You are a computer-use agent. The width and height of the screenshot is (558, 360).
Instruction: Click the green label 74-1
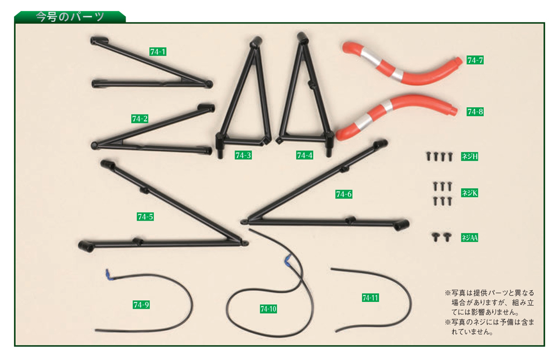click(x=158, y=52)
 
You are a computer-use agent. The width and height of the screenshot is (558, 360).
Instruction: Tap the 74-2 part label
click(x=139, y=119)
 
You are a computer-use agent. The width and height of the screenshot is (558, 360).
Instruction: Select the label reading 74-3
click(x=243, y=155)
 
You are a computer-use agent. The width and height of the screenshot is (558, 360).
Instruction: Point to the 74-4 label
click(x=305, y=155)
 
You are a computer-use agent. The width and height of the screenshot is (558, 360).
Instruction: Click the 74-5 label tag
click(x=145, y=217)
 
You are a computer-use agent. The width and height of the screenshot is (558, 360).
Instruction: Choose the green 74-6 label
click(x=344, y=194)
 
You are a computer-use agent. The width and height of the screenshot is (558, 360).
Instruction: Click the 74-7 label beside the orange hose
click(x=475, y=60)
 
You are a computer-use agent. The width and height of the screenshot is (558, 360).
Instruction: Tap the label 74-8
click(x=475, y=112)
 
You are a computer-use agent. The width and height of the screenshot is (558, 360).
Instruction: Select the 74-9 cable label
click(x=141, y=305)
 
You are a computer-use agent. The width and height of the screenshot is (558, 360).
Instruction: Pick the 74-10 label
click(x=268, y=309)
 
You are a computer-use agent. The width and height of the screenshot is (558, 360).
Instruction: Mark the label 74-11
click(x=370, y=297)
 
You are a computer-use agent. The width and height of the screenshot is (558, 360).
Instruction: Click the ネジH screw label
click(x=469, y=156)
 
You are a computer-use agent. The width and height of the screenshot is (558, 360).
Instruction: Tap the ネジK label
click(x=469, y=193)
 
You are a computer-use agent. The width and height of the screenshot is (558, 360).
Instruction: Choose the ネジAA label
click(x=469, y=238)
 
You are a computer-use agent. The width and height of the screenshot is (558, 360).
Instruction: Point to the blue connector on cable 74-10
click(x=287, y=261)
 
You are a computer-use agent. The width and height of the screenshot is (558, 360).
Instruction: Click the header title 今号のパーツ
click(x=70, y=17)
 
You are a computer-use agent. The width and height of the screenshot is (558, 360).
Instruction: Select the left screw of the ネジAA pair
click(x=435, y=237)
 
